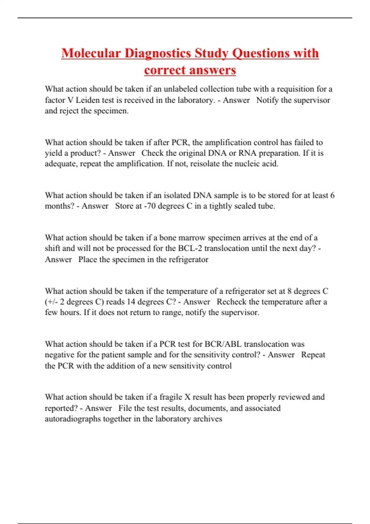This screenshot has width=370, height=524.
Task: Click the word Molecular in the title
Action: coord(91,53)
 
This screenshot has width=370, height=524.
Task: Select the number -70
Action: coord(150,206)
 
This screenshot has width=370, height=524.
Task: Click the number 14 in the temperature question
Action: coord(131,302)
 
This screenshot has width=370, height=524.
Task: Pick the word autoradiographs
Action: coord(73,419)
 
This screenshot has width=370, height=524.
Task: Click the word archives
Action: coord(208,419)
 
